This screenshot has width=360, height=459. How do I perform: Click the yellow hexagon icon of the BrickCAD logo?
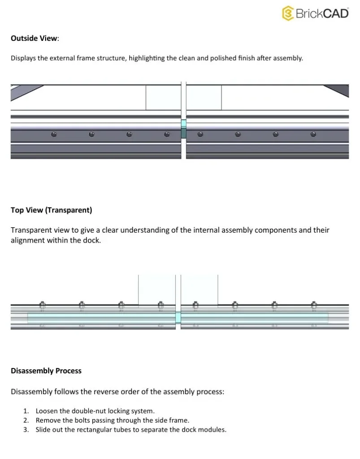coord(287,13)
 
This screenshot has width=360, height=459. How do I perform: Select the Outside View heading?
coord(34,38)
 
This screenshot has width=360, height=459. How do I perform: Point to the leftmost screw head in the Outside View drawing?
coord(54,134)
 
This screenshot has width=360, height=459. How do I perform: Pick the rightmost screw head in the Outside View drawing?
coord(313,134)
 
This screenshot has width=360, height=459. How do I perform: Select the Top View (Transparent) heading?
coord(51,210)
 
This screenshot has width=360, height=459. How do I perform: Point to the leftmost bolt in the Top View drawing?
coord(42,305)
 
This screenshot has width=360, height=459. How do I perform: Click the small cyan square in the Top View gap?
coord(178,318)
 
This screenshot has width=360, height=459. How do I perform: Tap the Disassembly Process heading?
coord(46,371)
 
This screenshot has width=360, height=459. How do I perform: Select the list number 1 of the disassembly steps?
coord(26,411)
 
